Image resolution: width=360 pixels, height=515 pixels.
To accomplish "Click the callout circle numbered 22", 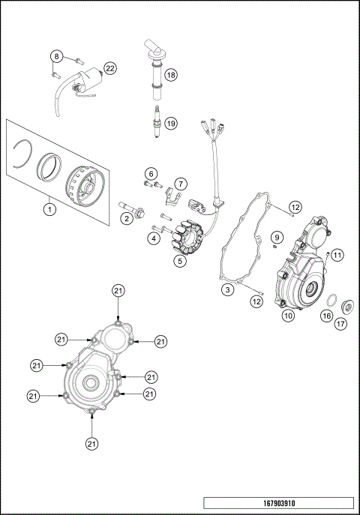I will point(110,68).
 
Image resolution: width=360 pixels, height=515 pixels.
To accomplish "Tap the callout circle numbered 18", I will point(171,75).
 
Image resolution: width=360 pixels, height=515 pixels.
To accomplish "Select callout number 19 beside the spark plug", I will point(171,123).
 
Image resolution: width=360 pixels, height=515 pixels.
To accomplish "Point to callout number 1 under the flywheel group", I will point(49,209).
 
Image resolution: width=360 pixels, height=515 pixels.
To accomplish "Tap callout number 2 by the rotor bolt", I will point(127,218).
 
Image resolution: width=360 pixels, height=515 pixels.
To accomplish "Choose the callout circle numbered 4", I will point(153,238).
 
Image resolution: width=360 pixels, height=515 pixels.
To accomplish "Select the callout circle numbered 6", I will point(151,173).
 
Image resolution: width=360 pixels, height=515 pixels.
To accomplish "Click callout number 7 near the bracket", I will point(181,184).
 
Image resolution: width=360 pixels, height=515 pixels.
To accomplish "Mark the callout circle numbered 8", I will point(56,56).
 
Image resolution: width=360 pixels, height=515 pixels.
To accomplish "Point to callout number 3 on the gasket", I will point(226,289).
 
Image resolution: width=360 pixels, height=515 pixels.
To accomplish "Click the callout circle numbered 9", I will point(276,238).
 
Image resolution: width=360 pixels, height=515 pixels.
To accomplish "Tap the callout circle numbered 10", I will point(287,316).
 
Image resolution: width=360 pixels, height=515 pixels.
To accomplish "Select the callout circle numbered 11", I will point(337,255).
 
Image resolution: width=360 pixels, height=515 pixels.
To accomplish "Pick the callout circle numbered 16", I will point(326,316).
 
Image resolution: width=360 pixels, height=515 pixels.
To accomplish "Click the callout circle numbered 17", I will point(340,325).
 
